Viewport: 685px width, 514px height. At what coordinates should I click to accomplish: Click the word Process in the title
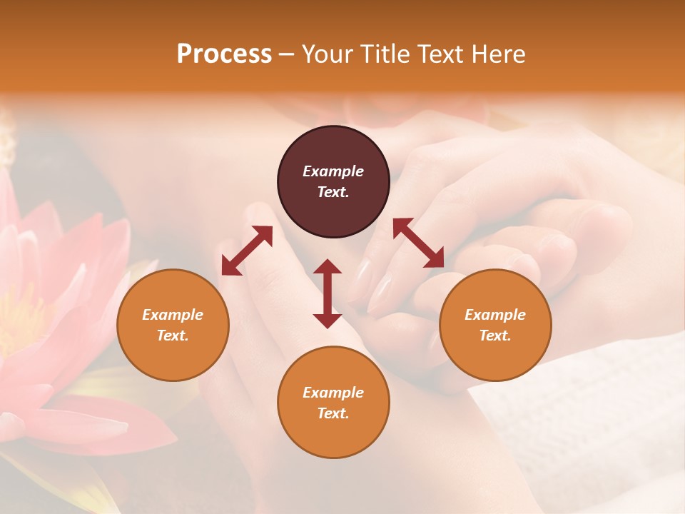click(x=224, y=54)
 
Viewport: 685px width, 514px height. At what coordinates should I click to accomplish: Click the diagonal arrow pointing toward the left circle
click(x=247, y=251)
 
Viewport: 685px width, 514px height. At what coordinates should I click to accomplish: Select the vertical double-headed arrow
click(x=328, y=293)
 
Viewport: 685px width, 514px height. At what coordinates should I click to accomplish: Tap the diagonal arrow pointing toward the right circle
click(x=418, y=243)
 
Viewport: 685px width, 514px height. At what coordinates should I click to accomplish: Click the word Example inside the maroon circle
click(x=333, y=171)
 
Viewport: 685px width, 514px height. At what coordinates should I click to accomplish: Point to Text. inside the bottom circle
click(x=333, y=413)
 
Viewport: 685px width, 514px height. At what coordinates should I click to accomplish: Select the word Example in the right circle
click(x=495, y=315)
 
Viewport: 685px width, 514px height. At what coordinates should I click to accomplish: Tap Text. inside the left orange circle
click(x=173, y=336)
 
